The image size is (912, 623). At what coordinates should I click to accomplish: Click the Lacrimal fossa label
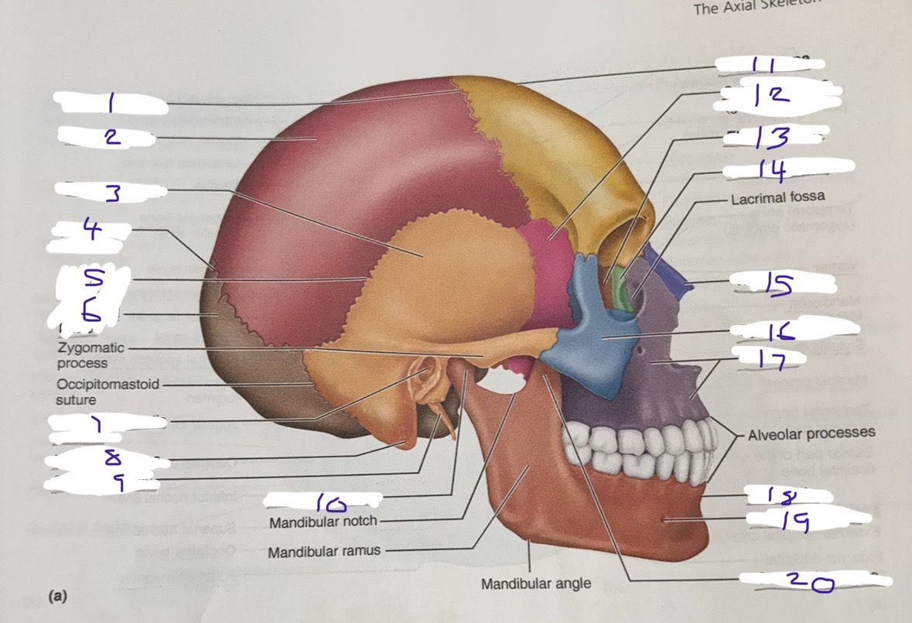pyautogui.click(x=776, y=198)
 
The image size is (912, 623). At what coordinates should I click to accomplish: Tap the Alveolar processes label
pyautogui.click(x=811, y=433)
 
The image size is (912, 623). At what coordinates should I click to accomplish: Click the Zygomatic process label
pyautogui.click(x=87, y=355)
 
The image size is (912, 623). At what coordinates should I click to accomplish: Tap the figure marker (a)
pyautogui.click(x=56, y=596)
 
